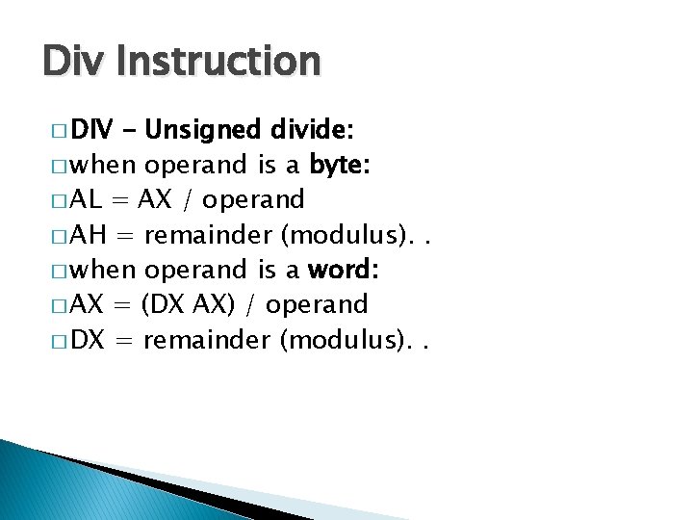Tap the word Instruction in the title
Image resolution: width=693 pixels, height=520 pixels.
click(x=219, y=62)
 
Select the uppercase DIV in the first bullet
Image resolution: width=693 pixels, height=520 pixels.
click(x=92, y=130)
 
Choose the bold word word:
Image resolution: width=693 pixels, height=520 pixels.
click(x=345, y=270)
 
